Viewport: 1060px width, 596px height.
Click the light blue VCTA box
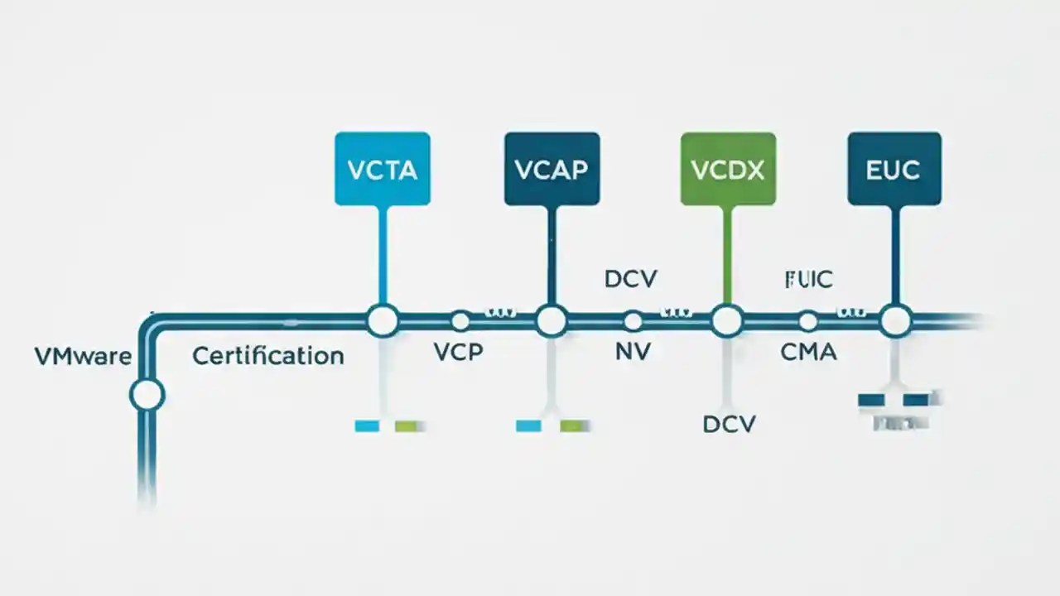(382, 168)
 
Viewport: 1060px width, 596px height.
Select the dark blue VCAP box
(551, 168)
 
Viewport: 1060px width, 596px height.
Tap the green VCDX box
(728, 168)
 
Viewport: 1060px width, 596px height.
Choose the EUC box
(894, 168)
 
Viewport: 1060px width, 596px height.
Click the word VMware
(83, 357)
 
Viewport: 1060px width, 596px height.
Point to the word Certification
(267, 357)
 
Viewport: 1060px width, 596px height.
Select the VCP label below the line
(458, 352)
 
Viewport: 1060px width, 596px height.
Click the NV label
(633, 352)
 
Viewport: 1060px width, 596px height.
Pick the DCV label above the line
(630, 279)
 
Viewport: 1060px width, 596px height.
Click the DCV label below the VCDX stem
(729, 425)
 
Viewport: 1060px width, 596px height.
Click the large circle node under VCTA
(383, 320)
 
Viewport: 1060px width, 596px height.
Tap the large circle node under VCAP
(552, 320)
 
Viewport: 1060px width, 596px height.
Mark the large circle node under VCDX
(727, 320)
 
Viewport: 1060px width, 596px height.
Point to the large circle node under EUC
(895, 320)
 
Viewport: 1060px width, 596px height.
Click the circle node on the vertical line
(147, 395)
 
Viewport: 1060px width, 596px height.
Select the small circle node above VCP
(460, 321)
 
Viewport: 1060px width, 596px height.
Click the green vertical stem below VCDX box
(727, 252)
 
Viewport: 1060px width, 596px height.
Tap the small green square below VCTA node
(406, 426)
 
